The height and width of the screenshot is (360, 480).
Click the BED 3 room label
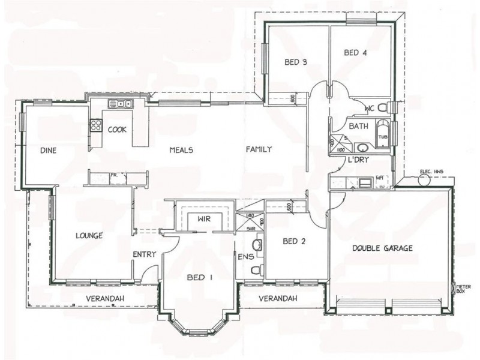296,62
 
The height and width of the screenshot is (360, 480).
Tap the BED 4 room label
355,53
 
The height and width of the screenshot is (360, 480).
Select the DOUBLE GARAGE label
382,248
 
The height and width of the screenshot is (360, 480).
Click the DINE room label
49,151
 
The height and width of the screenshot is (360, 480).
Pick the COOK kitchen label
117,129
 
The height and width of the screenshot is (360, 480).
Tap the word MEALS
181,150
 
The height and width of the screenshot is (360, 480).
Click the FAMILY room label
259,149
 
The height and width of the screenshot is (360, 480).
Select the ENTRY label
144,254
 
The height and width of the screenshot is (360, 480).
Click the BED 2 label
295,242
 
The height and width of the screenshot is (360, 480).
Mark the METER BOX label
462,289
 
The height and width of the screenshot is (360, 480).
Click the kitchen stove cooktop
95,125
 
